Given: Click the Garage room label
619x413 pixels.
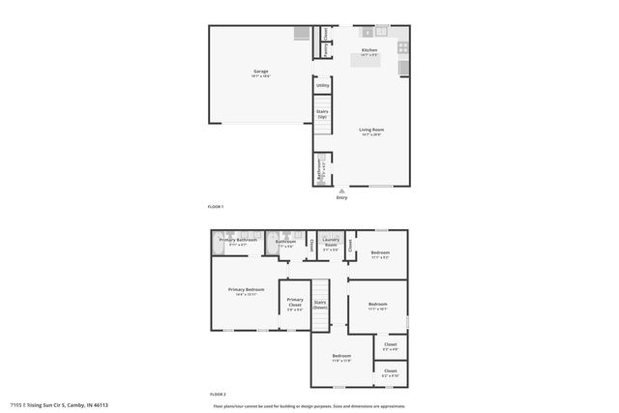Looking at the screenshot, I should pos(261,72).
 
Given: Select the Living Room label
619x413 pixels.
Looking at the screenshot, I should pos(370,131).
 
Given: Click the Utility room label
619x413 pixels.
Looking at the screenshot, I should pos(322,86).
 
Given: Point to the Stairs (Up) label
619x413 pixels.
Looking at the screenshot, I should pos(322,113).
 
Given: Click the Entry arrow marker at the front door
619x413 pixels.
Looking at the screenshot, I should pos(341,191).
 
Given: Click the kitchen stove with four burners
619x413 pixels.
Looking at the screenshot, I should pos(403,45).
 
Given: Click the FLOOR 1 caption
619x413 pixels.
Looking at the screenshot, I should pos(216,207).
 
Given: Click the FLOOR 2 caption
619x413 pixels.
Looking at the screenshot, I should pos(218,395).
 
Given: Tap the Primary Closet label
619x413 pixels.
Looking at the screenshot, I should pos(295,303).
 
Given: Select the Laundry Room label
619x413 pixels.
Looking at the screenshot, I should pos(331,243).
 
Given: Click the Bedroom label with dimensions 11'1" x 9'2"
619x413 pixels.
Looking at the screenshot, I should pos(378,254).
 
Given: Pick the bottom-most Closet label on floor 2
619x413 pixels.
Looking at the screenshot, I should pos(391,371).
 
